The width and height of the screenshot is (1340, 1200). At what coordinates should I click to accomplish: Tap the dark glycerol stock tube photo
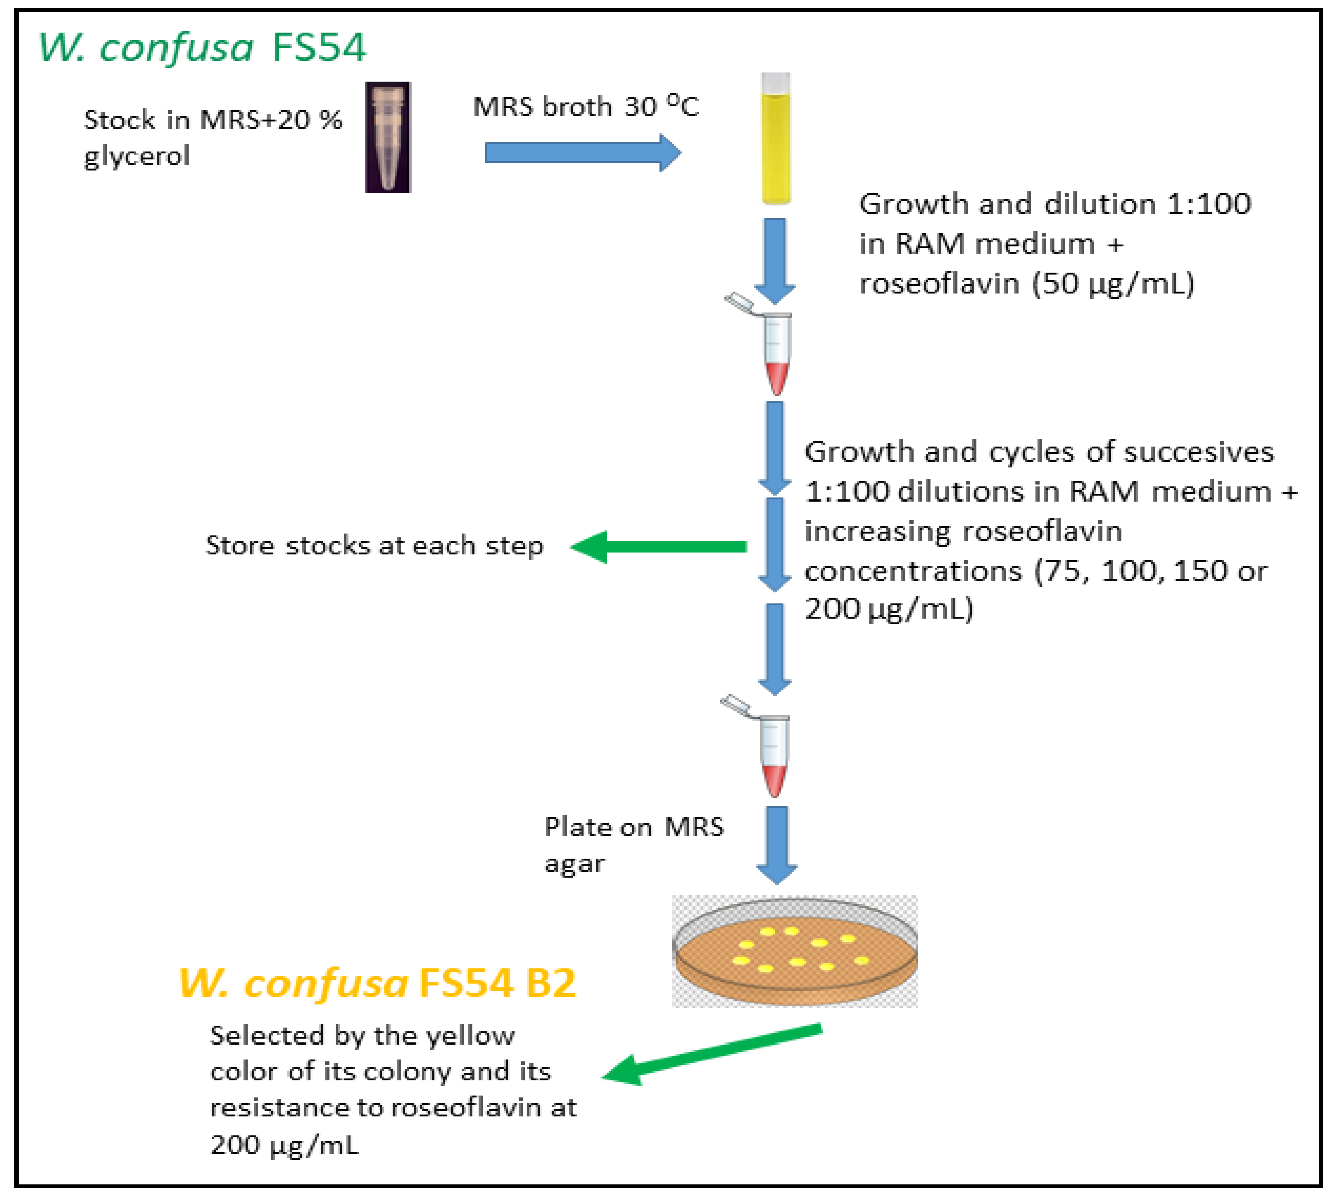pyautogui.click(x=388, y=137)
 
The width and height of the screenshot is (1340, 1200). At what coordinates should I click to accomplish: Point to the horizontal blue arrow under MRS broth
pyautogui.click(x=583, y=153)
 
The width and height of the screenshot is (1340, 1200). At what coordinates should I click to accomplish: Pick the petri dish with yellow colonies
pyautogui.click(x=794, y=951)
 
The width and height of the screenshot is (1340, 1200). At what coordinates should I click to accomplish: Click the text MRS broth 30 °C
pyautogui.click(x=585, y=106)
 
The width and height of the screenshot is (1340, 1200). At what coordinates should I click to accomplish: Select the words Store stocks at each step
pyautogui.click(x=374, y=546)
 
